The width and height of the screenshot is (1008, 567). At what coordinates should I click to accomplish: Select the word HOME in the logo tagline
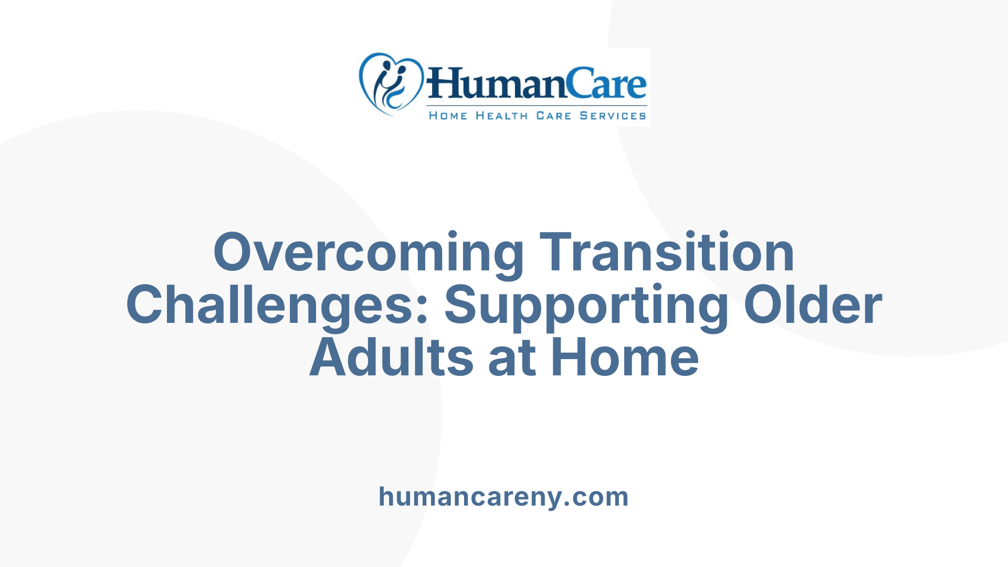click(x=448, y=115)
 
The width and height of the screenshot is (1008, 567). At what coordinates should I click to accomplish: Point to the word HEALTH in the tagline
click(x=501, y=115)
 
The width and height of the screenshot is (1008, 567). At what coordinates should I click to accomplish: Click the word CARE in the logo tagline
click(x=553, y=115)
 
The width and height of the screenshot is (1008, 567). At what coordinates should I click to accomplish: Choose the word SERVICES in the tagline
click(x=613, y=115)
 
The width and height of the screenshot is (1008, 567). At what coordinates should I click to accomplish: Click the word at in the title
click(x=512, y=359)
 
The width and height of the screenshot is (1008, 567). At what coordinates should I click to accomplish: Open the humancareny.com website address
click(x=503, y=497)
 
